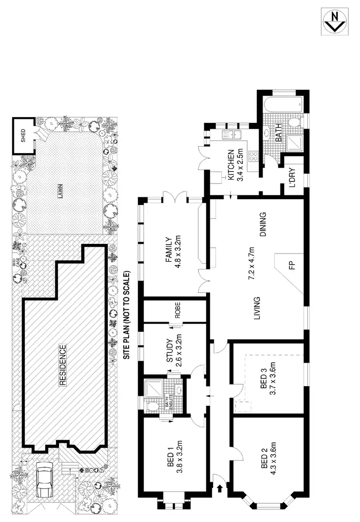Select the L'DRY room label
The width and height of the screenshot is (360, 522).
pos(292,177)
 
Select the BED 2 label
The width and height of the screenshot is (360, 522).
pos(262,457)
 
